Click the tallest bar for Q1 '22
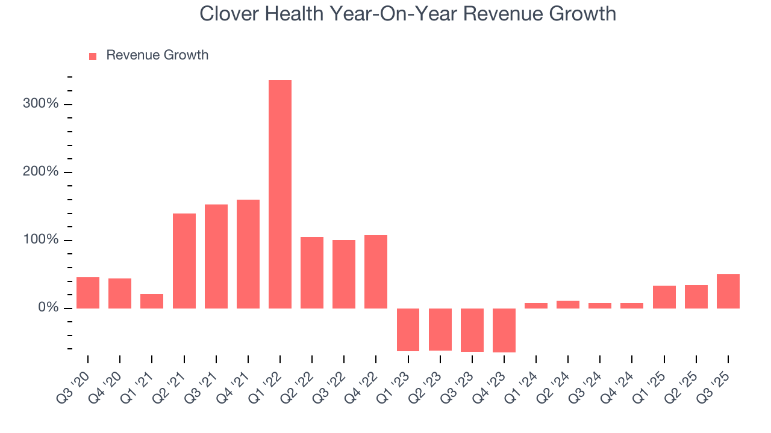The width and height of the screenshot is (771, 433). (280, 194)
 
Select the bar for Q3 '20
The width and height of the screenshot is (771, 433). (88, 293)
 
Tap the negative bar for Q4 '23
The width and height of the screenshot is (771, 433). (504, 330)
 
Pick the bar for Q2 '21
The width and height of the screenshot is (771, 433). (184, 261)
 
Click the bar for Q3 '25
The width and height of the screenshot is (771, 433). (728, 292)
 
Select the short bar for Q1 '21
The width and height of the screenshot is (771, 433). (152, 301)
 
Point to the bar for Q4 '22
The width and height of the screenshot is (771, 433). (376, 272)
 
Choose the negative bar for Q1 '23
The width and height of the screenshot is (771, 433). (408, 330)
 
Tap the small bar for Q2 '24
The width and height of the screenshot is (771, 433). (568, 304)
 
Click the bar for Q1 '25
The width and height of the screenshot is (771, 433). (664, 297)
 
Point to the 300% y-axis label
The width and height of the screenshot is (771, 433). (41, 104)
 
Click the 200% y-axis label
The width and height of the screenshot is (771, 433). (41, 172)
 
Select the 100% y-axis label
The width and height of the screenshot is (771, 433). (41, 240)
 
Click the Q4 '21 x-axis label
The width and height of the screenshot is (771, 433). (234, 384)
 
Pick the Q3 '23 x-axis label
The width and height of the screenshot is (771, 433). (458, 384)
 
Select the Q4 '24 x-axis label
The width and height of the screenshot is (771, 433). (618, 384)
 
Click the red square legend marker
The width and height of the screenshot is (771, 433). (93, 56)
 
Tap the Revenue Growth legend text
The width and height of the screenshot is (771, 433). (157, 55)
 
